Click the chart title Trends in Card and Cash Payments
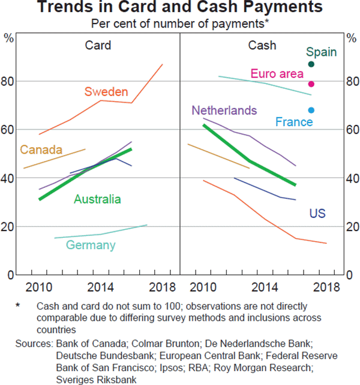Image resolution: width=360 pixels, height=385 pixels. pos(179,9)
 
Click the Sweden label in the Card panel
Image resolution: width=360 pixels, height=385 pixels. pos(106,92)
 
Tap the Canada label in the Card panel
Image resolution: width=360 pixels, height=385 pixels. pos(41,150)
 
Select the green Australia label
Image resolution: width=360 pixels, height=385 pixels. pos(97,199)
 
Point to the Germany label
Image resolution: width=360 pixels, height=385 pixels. pos(91,244)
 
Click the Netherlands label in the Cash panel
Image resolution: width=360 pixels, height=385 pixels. pos(224,111)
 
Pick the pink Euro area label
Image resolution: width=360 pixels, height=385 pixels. pos(277,74)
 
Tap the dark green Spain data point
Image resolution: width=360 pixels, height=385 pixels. pos(311,64)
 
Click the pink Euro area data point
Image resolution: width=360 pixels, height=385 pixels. pos(311,84)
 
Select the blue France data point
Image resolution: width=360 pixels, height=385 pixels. pos(311,111)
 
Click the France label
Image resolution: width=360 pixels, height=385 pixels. pos(294,122)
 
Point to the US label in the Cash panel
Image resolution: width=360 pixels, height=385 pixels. pos(317,213)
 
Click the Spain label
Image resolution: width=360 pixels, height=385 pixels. pos(321,52)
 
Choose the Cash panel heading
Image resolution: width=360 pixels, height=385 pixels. pos(262,45)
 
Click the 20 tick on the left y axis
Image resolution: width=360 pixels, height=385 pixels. pos(10,226)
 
